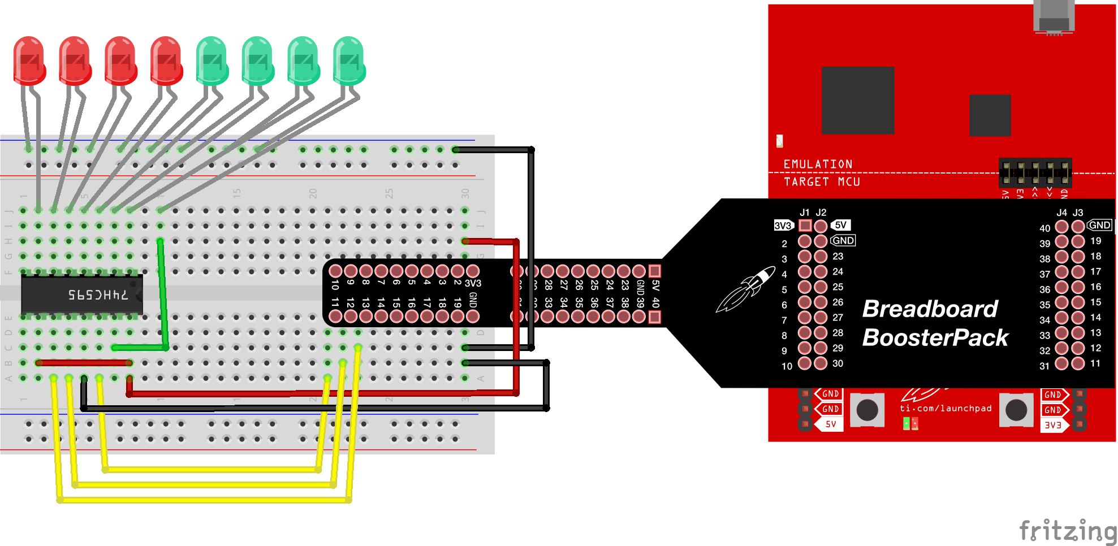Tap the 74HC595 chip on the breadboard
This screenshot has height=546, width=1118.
click(82, 294)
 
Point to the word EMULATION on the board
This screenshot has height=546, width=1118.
click(818, 164)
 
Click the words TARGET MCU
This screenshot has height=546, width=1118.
click(822, 182)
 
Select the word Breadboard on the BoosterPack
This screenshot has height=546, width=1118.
click(930, 309)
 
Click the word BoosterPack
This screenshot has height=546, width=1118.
click(935, 338)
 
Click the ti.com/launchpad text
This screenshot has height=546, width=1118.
click(946, 408)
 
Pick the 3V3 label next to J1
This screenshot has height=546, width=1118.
click(783, 226)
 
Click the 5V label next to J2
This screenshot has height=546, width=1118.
click(841, 225)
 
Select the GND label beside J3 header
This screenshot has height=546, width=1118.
click(1099, 225)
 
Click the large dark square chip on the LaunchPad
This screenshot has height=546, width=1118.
click(858, 100)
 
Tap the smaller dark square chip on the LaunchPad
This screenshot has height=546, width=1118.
click(990, 115)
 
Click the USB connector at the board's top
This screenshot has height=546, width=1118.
click(1054, 17)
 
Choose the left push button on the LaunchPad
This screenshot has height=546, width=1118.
click(867, 410)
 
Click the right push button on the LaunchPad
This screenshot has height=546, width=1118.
click(1016, 410)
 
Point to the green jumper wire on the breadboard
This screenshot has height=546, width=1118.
click(163, 294)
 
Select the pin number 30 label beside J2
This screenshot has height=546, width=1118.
click(838, 363)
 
